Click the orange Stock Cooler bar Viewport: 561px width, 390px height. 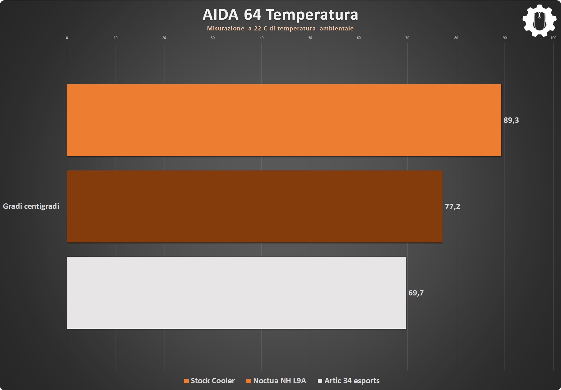pyautogui.click(x=284, y=120)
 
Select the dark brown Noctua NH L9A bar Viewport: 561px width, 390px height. pyautogui.click(x=255, y=206)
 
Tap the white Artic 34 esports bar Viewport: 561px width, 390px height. pyautogui.click(x=236, y=293)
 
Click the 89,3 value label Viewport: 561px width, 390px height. pyautogui.click(x=511, y=120)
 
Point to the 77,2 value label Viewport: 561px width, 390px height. pyautogui.click(x=452, y=207)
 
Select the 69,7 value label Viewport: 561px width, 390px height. pyautogui.click(x=416, y=293)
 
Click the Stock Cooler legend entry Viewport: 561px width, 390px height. pyautogui.click(x=210, y=381)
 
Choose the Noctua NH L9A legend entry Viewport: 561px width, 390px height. pyautogui.click(x=276, y=381)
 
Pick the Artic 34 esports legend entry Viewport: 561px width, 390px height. pyautogui.click(x=349, y=381)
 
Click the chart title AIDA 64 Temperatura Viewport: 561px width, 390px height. pyautogui.click(x=280, y=15)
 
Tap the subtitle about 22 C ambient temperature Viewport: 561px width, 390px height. pyautogui.click(x=280, y=29)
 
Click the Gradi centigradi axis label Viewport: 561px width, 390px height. pyautogui.click(x=31, y=206)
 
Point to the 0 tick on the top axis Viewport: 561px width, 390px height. pyautogui.click(x=67, y=38)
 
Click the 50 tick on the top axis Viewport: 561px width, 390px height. pyautogui.click(x=310, y=38)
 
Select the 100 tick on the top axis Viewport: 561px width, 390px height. pyautogui.click(x=553, y=38)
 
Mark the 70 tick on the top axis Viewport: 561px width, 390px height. pyautogui.click(x=407, y=38)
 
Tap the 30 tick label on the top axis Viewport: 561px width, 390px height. pyautogui.click(x=213, y=38)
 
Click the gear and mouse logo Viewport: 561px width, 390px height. pyautogui.click(x=539, y=21)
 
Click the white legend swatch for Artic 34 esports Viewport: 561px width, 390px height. pyautogui.click(x=320, y=381)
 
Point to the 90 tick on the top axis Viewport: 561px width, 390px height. pyautogui.click(x=505, y=38)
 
